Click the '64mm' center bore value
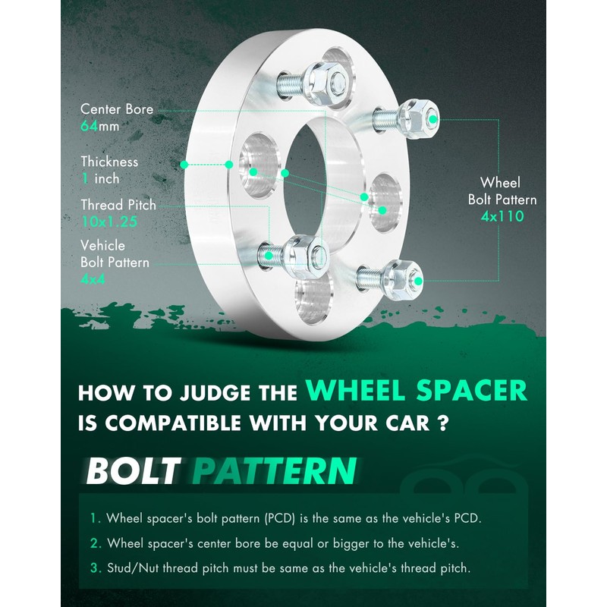(x=99, y=127)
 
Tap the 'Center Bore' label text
(x=117, y=109)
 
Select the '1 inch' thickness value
(x=100, y=179)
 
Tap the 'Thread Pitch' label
(x=118, y=205)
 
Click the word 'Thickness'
(x=110, y=162)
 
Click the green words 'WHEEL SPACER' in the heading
(x=416, y=390)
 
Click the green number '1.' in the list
(x=95, y=519)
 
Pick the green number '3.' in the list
(x=95, y=568)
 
